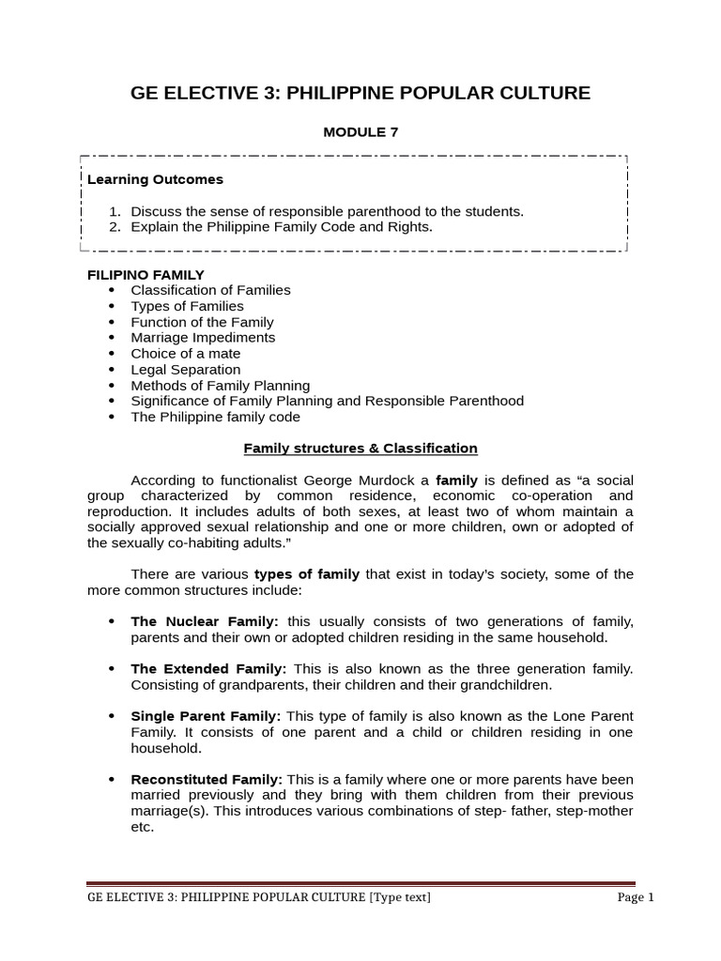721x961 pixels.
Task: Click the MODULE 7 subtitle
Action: (x=360, y=132)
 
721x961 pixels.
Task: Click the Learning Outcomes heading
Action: (x=155, y=179)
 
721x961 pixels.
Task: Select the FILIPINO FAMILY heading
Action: (x=146, y=274)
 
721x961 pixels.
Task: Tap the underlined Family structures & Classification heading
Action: (x=360, y=449)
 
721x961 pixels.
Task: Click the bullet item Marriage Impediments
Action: (x=203, y=338)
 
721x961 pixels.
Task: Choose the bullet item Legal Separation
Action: (x=185, y=370)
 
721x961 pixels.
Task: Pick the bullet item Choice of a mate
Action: (x=185, y=354)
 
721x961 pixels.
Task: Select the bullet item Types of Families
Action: (x=187, y=306)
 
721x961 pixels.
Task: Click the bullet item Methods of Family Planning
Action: (x=220, y=386)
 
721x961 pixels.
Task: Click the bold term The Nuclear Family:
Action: (x=205, y=622)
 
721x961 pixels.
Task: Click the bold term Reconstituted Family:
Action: (x=207, y=780)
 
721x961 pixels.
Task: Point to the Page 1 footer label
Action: (x=636, y=898)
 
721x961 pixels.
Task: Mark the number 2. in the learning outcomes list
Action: (x=115, y=227)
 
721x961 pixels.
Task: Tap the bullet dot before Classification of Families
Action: (x=112, y=291)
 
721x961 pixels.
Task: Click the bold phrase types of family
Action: (x=307, y=574)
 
